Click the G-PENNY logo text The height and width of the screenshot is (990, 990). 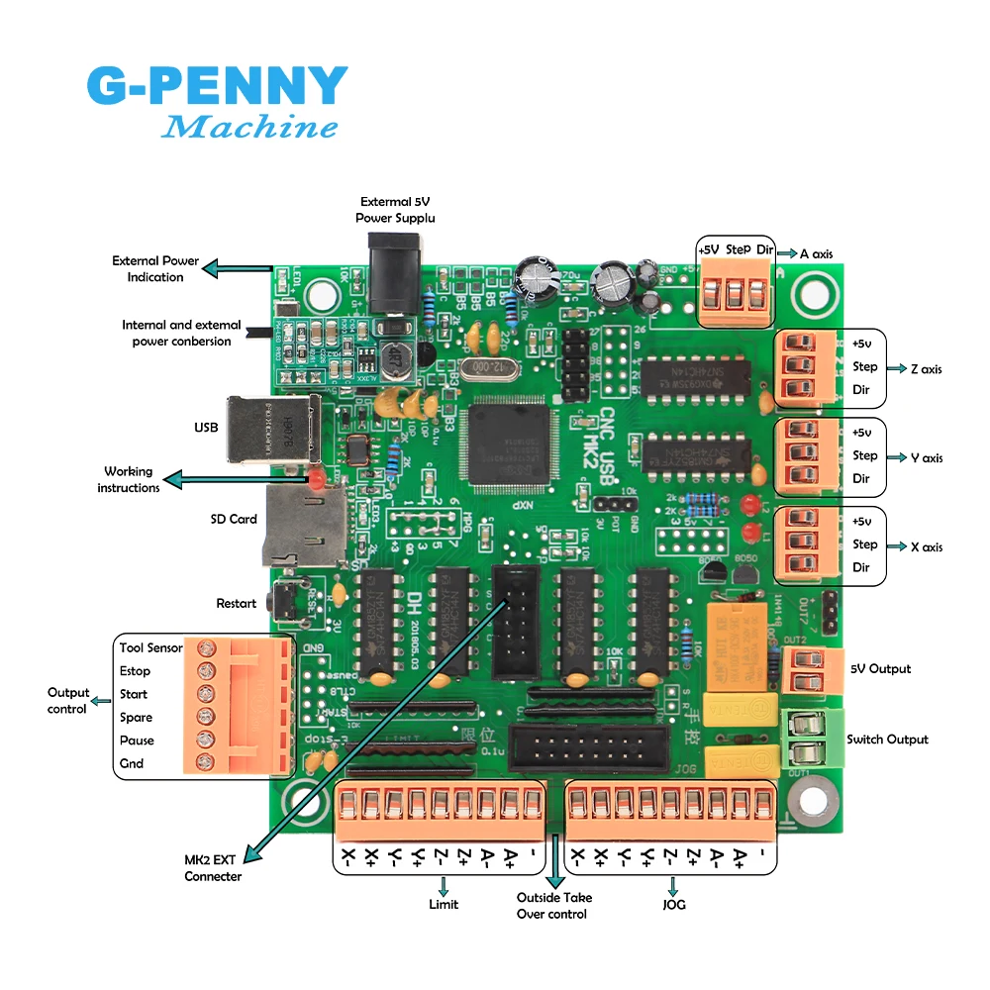[217, 87]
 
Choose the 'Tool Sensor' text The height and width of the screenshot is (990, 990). [151, 647]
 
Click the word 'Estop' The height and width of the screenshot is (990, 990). [136, 671]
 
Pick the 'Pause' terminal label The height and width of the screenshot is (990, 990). [137, 741]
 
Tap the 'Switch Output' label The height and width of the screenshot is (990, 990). [887, 740]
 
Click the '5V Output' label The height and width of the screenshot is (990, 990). [880, 669]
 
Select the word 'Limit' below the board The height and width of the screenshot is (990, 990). [443, 904]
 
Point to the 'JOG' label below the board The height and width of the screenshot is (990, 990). [673, 904]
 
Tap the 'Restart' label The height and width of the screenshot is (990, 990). [236, 603]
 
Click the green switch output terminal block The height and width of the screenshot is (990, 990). [810, 740]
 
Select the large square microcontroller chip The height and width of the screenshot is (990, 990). [514, 445]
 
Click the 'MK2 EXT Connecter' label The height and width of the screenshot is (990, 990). [213, 869]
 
